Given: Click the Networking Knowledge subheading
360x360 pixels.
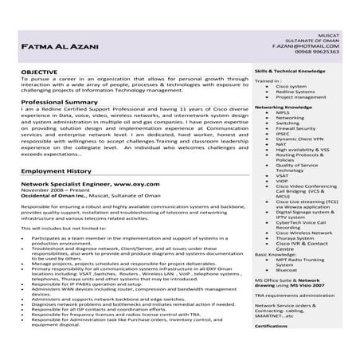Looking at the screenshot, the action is pyautogui.click(x=283, y=106).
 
